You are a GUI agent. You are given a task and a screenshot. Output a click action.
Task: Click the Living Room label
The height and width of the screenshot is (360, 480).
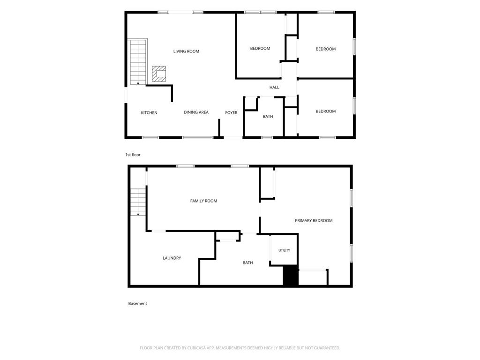pyautogui.click(x=186, y=51)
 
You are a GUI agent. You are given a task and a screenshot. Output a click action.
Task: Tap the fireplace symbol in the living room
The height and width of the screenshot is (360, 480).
pyautogui.click(x=159, y=74)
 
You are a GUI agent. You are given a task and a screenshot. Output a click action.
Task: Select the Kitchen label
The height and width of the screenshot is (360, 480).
pyautogui.click(x=149, y=112)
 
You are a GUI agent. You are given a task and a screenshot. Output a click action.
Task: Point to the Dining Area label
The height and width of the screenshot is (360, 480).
pyautogui.click(x=196, y=112)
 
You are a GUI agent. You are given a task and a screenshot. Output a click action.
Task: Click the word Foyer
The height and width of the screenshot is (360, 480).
pyautogui.click(x=231, y=112)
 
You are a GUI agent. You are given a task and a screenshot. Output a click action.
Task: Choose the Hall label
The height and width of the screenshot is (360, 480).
pyautogui.click(x=274, y=87)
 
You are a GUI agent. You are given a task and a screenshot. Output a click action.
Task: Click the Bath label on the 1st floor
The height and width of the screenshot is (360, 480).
pyautogui.click(x=268, y=116)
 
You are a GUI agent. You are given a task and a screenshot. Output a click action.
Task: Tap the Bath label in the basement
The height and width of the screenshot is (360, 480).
pyautogui.click(x=247, y=262)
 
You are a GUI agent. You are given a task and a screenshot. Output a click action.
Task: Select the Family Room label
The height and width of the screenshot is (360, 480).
pyautogui.click(x=203, y=201)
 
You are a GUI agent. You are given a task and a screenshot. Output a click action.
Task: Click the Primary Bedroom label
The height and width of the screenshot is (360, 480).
pyautogui.click(x=314, y=220)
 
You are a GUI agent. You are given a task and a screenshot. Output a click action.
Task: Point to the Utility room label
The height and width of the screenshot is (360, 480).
pyautogui.click(x=284, y=250)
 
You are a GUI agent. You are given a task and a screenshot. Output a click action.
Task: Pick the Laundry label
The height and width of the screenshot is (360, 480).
pyautogui.click(x=172, y=258)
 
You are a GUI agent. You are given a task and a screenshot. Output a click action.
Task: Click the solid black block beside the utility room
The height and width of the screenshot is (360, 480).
pyautogui.click(x=291, y=276)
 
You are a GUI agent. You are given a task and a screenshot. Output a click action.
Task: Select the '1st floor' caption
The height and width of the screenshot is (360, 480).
pyautogui.click(x=133, y=155)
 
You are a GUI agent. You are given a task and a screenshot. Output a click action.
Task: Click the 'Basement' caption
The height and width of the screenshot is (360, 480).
pyautogui.click(x=137, y=303)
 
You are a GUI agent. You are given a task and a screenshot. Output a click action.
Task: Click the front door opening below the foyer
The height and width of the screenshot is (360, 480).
pyautogui.click(x=233, y=137)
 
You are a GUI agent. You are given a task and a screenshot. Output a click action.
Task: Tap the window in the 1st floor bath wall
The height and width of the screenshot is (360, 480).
pyautogui.click(x=267, y=137)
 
